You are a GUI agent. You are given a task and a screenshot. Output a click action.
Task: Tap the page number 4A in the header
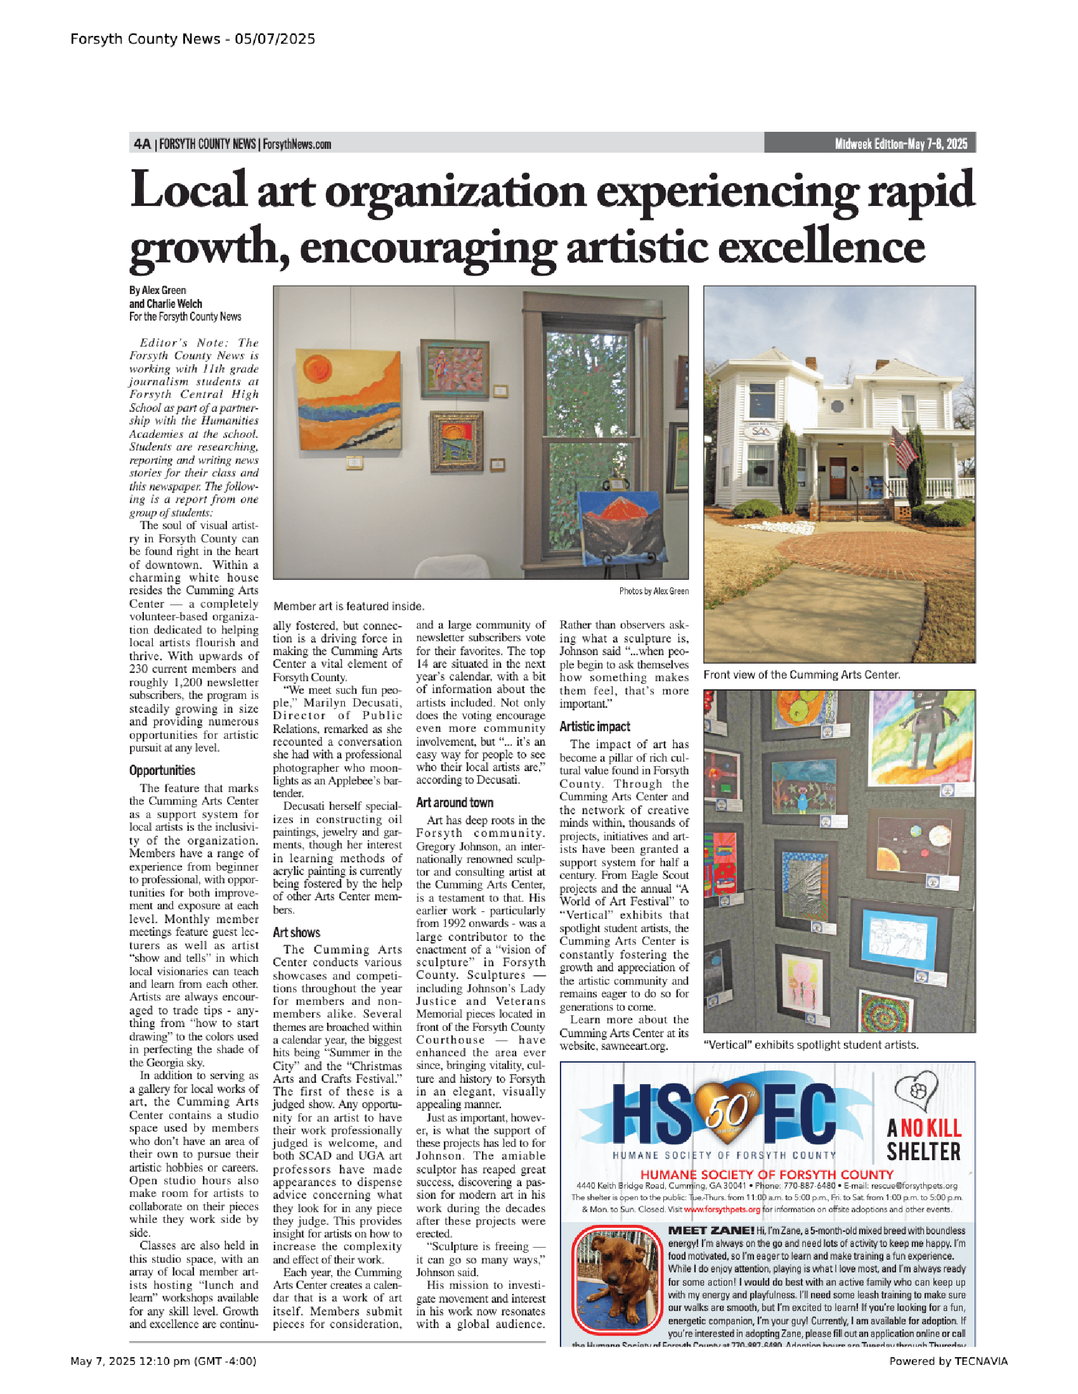(142, 144)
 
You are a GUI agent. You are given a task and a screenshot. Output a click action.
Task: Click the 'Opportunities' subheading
(162, 771)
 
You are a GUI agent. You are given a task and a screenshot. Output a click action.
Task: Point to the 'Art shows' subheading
(296, 933)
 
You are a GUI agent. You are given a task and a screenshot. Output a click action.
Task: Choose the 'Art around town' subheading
(455, 803)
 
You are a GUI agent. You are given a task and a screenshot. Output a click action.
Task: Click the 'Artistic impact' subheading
(595, 726)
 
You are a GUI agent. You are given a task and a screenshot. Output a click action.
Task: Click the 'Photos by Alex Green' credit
(653, 591)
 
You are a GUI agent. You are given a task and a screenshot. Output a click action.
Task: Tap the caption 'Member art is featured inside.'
(349, 606)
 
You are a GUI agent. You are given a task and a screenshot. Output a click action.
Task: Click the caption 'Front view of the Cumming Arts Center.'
(802, 675)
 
